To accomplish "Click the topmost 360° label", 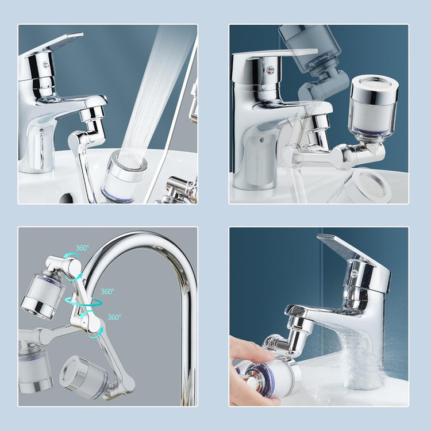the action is (x=82, y=248).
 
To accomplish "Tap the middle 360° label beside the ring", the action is (x=107, y=291).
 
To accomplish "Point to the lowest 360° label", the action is (x=114, y=317).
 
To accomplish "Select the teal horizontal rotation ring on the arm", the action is (x=84, y=302).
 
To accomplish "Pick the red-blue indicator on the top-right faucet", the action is (x=271, y=69).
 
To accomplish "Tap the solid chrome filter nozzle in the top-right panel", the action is (x=374, y=106).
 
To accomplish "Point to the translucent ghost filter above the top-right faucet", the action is (x=309, y=49).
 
